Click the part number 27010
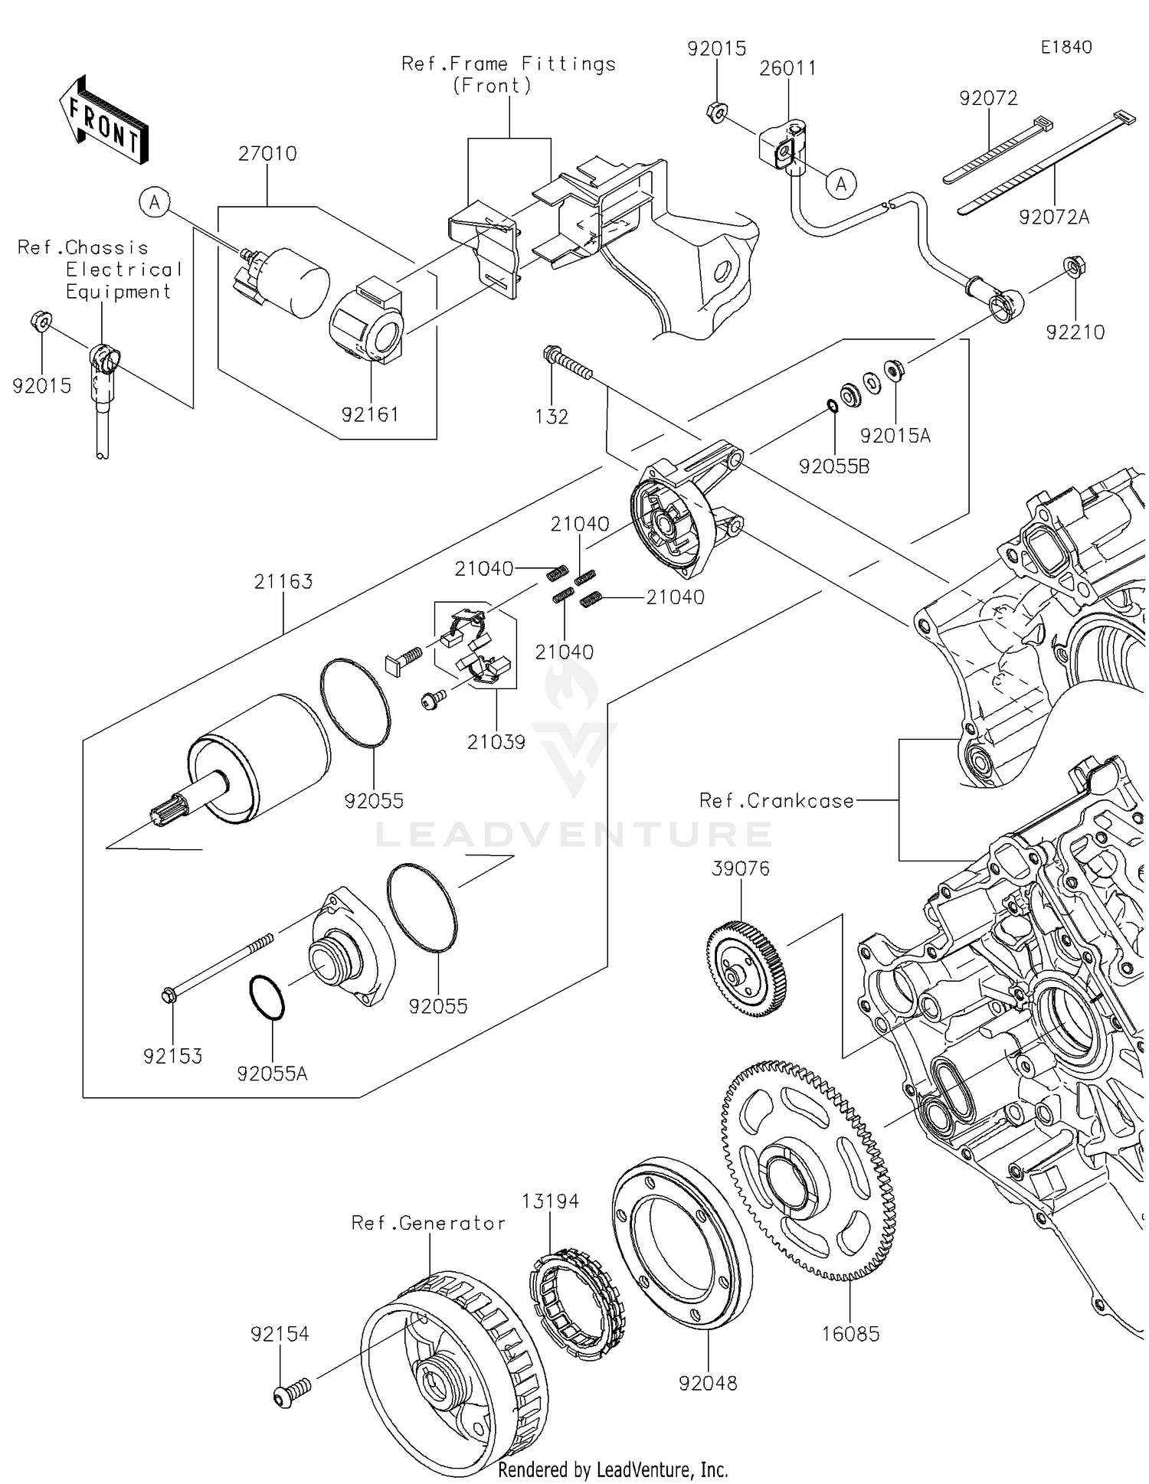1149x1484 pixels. [x=267, y=154]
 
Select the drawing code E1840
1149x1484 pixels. [x=1066, y=47]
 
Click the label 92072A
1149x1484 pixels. [x=1053, y=217]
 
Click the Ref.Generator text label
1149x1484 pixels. [x=428, y=1223]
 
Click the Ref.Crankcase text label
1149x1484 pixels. [x=776, y=801]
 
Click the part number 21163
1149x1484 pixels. [x=283, y=582]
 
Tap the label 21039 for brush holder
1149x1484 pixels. [x=496, y=742]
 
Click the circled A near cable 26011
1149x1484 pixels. [x=842, y=184]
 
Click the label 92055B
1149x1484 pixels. [x=833, y=466]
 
